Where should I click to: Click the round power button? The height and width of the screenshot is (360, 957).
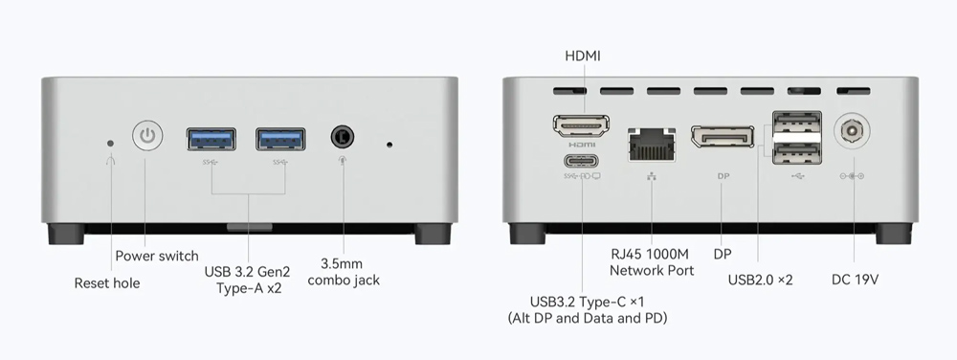[x=147, y=135]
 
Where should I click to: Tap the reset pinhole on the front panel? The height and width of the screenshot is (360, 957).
[x=110, y=144]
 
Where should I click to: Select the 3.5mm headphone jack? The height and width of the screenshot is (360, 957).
[x=343, y=135]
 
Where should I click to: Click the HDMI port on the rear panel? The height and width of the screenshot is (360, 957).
[x=582, y=125]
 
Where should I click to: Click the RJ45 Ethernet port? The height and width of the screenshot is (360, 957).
[x=652, y=144]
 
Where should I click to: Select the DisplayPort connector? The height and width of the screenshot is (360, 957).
[x=722, y=136]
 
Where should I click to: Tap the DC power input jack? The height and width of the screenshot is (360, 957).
[x=852, y=130]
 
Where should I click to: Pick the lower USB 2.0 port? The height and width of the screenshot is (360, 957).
[x=796, y=153]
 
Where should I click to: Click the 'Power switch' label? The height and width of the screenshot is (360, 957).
[x=157, y=256]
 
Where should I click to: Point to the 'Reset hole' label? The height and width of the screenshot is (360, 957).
[x=107, y=283]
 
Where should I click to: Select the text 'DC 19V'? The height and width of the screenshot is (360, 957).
[x=855, y=280]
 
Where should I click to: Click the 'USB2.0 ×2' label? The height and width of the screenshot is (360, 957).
[x=760, y=280]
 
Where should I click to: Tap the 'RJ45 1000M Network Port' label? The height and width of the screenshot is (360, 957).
[x=652, y=261]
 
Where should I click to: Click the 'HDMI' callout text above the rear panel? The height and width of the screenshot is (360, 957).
[x=583, y=56]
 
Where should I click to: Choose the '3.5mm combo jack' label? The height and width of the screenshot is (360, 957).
[x=344, y=272]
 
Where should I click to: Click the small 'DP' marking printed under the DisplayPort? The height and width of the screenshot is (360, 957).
[x=723, y=176]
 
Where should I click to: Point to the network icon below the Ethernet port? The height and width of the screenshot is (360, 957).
[x=652, y=176]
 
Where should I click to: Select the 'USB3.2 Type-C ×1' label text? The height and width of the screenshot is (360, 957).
[x=588, y=302]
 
